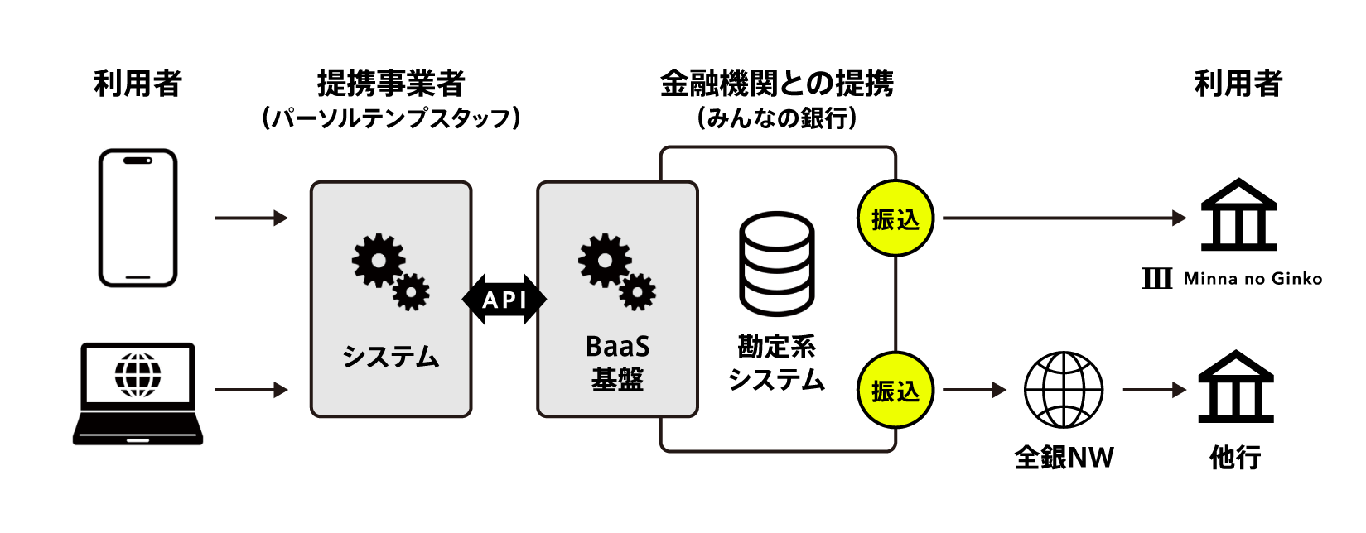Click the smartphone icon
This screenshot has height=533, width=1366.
[x=138, y=218]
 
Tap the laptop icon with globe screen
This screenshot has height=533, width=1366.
[x=138, y=394]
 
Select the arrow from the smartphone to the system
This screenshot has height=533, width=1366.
[x=251, y=218]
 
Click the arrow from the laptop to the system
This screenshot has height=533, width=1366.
[x=251, y=389]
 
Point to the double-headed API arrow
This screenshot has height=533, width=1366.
[x=504, y=299]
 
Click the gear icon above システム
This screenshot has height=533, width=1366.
[x=390, y=271]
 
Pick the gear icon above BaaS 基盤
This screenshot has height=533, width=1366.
[x=617, y=271]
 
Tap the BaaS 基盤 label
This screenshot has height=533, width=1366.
[x=618, y=363]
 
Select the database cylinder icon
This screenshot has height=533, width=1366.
[x=777, y=264]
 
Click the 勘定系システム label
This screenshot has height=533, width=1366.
[x=776, y=363]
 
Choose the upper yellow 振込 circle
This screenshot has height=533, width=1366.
[x=895, y=218]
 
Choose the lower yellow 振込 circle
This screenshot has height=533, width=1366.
[x=895, y=390]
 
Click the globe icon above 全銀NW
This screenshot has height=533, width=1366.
[x=1064, y=390]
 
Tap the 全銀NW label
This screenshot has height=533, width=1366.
[x=1064, y=458]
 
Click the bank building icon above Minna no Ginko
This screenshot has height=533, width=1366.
[x=1238, y=214]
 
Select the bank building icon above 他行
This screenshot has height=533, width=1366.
[x=1236, y=387]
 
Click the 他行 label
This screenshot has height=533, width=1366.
[x=1235, y=458]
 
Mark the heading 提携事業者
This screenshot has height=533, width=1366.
[x=392, y=84]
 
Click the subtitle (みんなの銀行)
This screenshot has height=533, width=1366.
[x=777, y=118]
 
